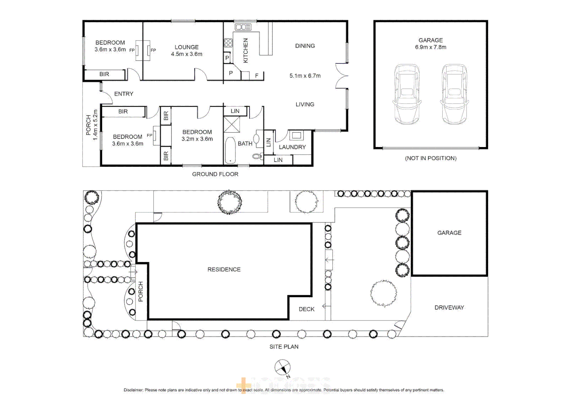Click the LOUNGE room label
[x=186, y=47]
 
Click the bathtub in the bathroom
[x=230, y=150]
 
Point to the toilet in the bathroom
[x=257, y=156]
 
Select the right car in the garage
[x=454, y=94]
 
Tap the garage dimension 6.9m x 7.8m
[x=430, y=47]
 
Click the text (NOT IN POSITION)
[x=430, y=158]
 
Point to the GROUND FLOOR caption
[x=215, y=174]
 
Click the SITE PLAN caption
[x=284, y=347]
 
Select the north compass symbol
[x=282, y=368]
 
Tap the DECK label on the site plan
[x=307, y=309]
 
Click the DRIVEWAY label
[x=449, y=307]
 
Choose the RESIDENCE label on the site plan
[x=224, y=270]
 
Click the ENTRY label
[x=123, y=94]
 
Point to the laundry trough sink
[x=296, y=135]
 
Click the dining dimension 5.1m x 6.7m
[x=305, y=76]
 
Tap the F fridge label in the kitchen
[x=257, y=76]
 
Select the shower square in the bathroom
[x=232, y=124]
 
